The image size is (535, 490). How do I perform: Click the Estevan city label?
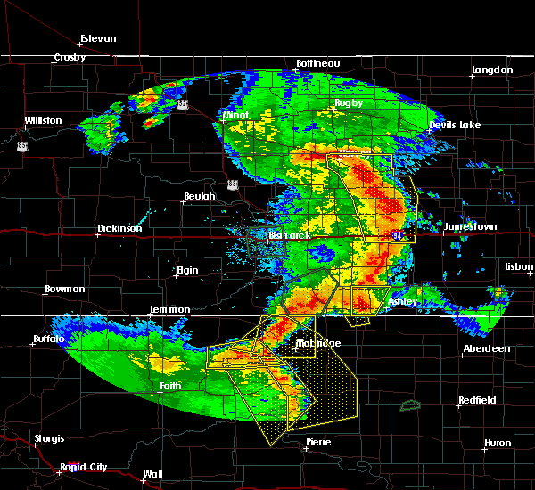[98, 38]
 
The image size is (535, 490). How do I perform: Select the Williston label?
[43, 120]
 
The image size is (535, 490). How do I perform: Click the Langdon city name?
[492, 69]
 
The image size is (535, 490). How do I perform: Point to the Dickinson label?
[119, 228]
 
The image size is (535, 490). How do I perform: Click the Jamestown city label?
[470, 226]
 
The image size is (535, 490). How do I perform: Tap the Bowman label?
[64, 289]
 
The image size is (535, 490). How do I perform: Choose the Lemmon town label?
[169, 309]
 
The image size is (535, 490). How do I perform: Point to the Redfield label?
[477, 400]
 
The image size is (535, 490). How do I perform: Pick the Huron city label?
[498, 443]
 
